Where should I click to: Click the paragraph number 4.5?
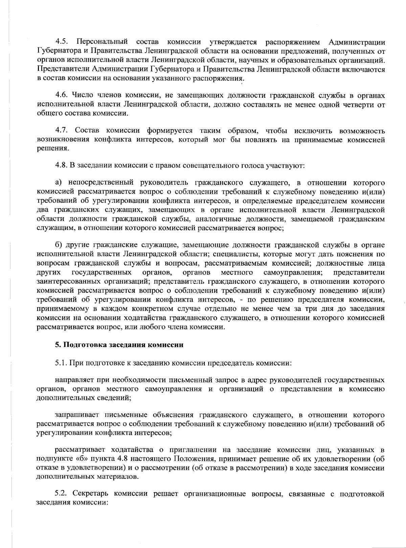[x=62, y=42]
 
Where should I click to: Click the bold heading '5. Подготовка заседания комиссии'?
[x=119, y=345]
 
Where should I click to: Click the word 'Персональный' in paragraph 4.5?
[x=102, y=42]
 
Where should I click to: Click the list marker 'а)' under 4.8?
[x=58, y=183]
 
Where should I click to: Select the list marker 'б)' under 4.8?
[x=59, y=245]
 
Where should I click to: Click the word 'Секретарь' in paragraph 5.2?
[x=91, y=494]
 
